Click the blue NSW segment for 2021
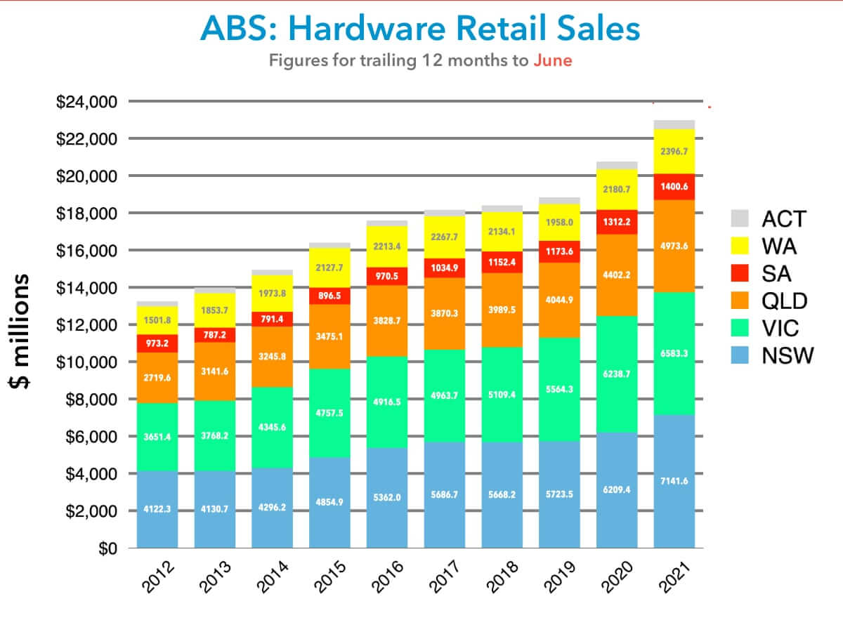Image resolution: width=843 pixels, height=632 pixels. point(674,485)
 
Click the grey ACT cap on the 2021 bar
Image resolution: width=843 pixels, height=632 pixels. point(674,124)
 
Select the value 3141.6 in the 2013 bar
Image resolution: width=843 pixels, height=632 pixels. point(215,371)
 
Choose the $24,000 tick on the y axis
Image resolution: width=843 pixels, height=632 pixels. point(88,103)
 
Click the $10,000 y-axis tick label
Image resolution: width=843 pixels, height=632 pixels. point(88,362)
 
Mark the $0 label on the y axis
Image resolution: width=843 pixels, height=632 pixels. point(105,548)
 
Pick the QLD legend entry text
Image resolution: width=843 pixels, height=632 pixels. point(785,301)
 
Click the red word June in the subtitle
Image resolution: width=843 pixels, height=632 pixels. point(552,60)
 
